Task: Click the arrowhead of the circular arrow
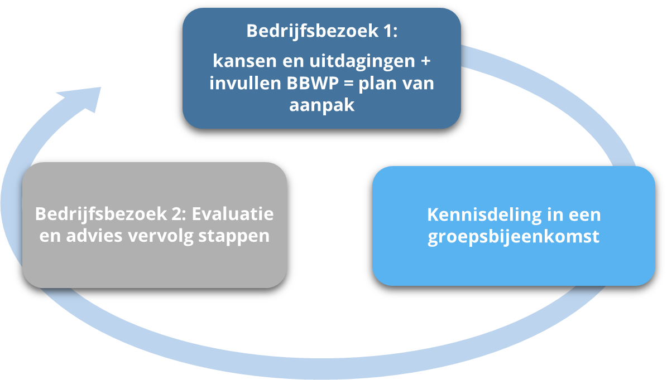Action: point(84,100)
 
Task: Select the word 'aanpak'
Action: point(321,105)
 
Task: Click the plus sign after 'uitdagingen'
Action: point(426,61)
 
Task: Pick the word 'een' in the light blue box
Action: point(585,215)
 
